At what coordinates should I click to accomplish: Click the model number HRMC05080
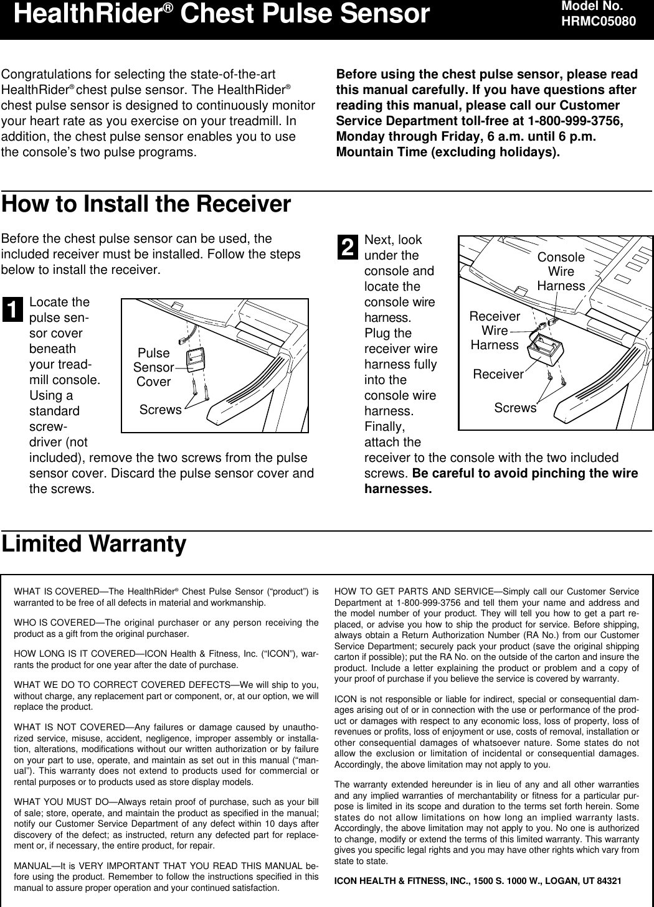pos(599,21)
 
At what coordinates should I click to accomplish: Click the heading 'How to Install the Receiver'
pos(146,204)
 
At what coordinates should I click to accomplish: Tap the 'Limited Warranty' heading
pos(94,544)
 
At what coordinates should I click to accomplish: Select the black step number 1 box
pos(12,309)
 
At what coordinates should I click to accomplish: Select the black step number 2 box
pos(348,247)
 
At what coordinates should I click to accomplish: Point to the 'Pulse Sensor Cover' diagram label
pos(153,367)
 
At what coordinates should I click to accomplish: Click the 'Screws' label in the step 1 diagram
pos(160,410)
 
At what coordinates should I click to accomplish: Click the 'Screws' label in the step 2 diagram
pos(515,408)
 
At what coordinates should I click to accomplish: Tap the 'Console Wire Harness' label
pos(561,271)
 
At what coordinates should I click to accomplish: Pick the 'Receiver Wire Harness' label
pos(495,331)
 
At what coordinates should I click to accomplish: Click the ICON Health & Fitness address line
pos(478,881)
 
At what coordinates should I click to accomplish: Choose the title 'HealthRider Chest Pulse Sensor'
pos(221,14)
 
